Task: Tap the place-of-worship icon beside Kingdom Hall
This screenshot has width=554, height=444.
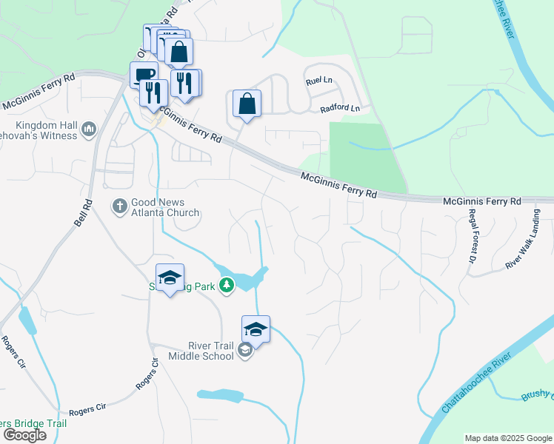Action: pyautogui.click(x=90, y=130)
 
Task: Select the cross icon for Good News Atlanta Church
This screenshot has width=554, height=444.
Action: pyautogui.click(x=120, y=206)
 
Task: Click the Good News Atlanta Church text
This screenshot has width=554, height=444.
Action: pyautogui.click(x=165, y=207)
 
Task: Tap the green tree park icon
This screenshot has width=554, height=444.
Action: pyautogui.click(x=228, y=285)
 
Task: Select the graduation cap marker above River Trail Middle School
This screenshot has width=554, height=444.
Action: pyautogui.click(x=256, y=329)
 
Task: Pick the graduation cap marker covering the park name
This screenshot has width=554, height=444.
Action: pyautogui.click(x=170, y=277)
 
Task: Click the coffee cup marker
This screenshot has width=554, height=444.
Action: pyautogui.click(x=143, y=75)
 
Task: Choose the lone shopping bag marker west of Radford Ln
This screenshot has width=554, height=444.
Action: pyautogui.click(x=247, y=104)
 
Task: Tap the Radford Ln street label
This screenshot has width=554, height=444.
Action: pyautogui.click(x=339, y=108)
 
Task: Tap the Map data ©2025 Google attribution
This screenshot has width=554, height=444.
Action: pyautogui.click(x=508, y=438)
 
